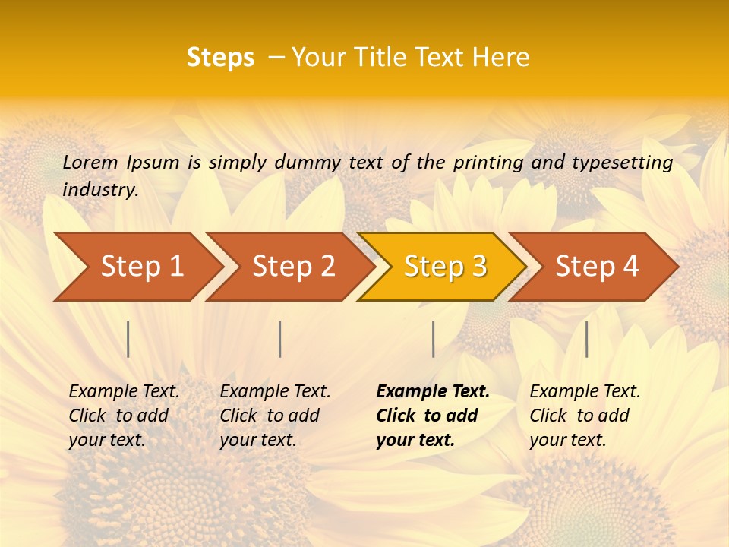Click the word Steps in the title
220,57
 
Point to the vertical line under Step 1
128,339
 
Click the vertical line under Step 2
280,339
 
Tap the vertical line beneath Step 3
433,339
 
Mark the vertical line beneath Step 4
586,339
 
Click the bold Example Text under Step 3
432,416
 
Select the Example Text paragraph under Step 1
124,416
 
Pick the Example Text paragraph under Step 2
275,416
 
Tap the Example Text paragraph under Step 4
585,416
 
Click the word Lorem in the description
90,162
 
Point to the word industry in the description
100,190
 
